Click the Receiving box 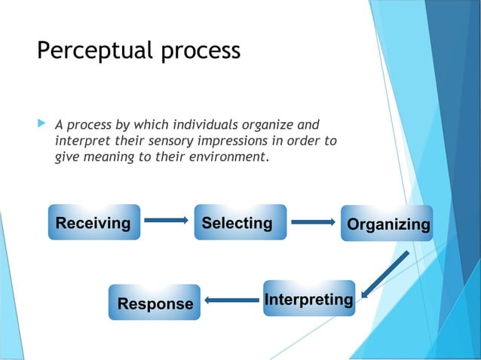(93, 222)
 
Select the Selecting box (240, 222)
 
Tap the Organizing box (387, 224)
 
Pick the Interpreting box (308, 299)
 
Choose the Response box (155, 303)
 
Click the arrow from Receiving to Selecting (166, 221)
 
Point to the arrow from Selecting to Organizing (313, 222)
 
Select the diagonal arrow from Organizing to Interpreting (384, 274)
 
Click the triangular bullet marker (41, 121)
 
